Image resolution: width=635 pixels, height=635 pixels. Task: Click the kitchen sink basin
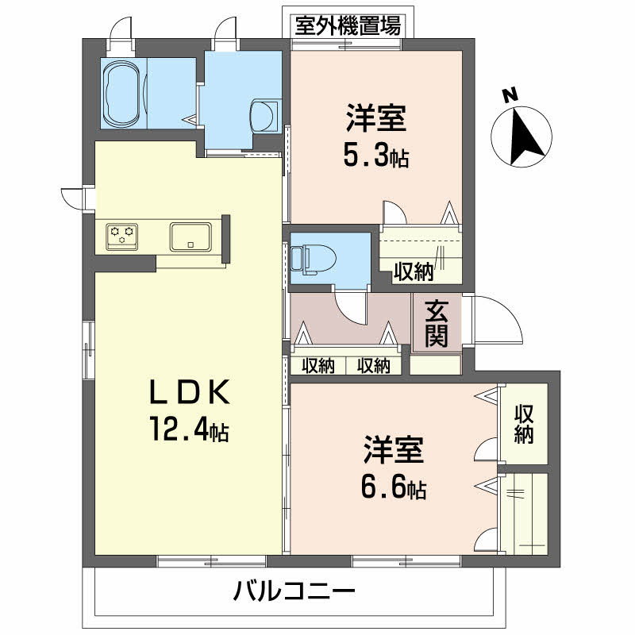click(x=190, y=236)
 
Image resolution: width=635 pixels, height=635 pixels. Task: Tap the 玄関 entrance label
click(x=435, y=323)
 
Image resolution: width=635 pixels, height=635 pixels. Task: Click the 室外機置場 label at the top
click(x=347, y=26)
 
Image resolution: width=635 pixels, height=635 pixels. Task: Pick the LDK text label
click(x=190, y=392)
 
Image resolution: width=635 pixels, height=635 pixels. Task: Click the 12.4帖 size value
click(x=190, y=431)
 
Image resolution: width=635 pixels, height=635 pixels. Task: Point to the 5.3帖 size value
click(x=375, y=157)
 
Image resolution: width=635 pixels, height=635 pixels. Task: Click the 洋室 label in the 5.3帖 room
click(x=375, y=119)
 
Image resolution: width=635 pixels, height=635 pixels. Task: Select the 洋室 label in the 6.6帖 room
click(x=394, y=450)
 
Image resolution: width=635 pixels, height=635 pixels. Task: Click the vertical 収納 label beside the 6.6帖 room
click(x=522, y=425)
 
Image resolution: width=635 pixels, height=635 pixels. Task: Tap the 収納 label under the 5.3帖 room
click(x=414, y=271)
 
